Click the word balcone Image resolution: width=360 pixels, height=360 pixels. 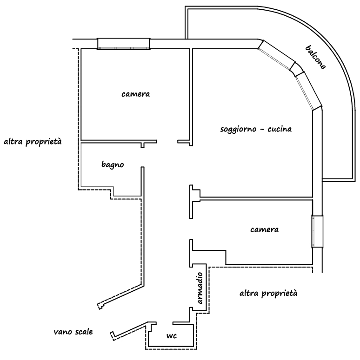pos(316,57)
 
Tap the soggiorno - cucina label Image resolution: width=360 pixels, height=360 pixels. pos(256,129)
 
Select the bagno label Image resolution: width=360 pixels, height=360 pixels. pos(113,164)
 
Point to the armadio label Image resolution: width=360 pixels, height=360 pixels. pos(200,289)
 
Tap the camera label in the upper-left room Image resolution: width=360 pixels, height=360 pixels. pos(135,94)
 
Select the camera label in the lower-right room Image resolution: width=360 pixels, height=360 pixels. pos(264,229)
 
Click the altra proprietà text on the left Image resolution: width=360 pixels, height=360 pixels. pos(33,141)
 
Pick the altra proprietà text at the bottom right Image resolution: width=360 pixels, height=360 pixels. pos(267,294)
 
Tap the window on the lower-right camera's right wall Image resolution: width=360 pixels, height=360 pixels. pos(317,232)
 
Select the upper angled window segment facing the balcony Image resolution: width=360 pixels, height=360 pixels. pos(277,53)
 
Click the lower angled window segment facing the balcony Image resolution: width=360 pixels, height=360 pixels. pos(308,90)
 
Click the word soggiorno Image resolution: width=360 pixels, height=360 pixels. pos(239,129)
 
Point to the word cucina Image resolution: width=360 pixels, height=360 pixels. pos(280,129)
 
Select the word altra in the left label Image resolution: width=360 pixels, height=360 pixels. pos(13,141)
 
